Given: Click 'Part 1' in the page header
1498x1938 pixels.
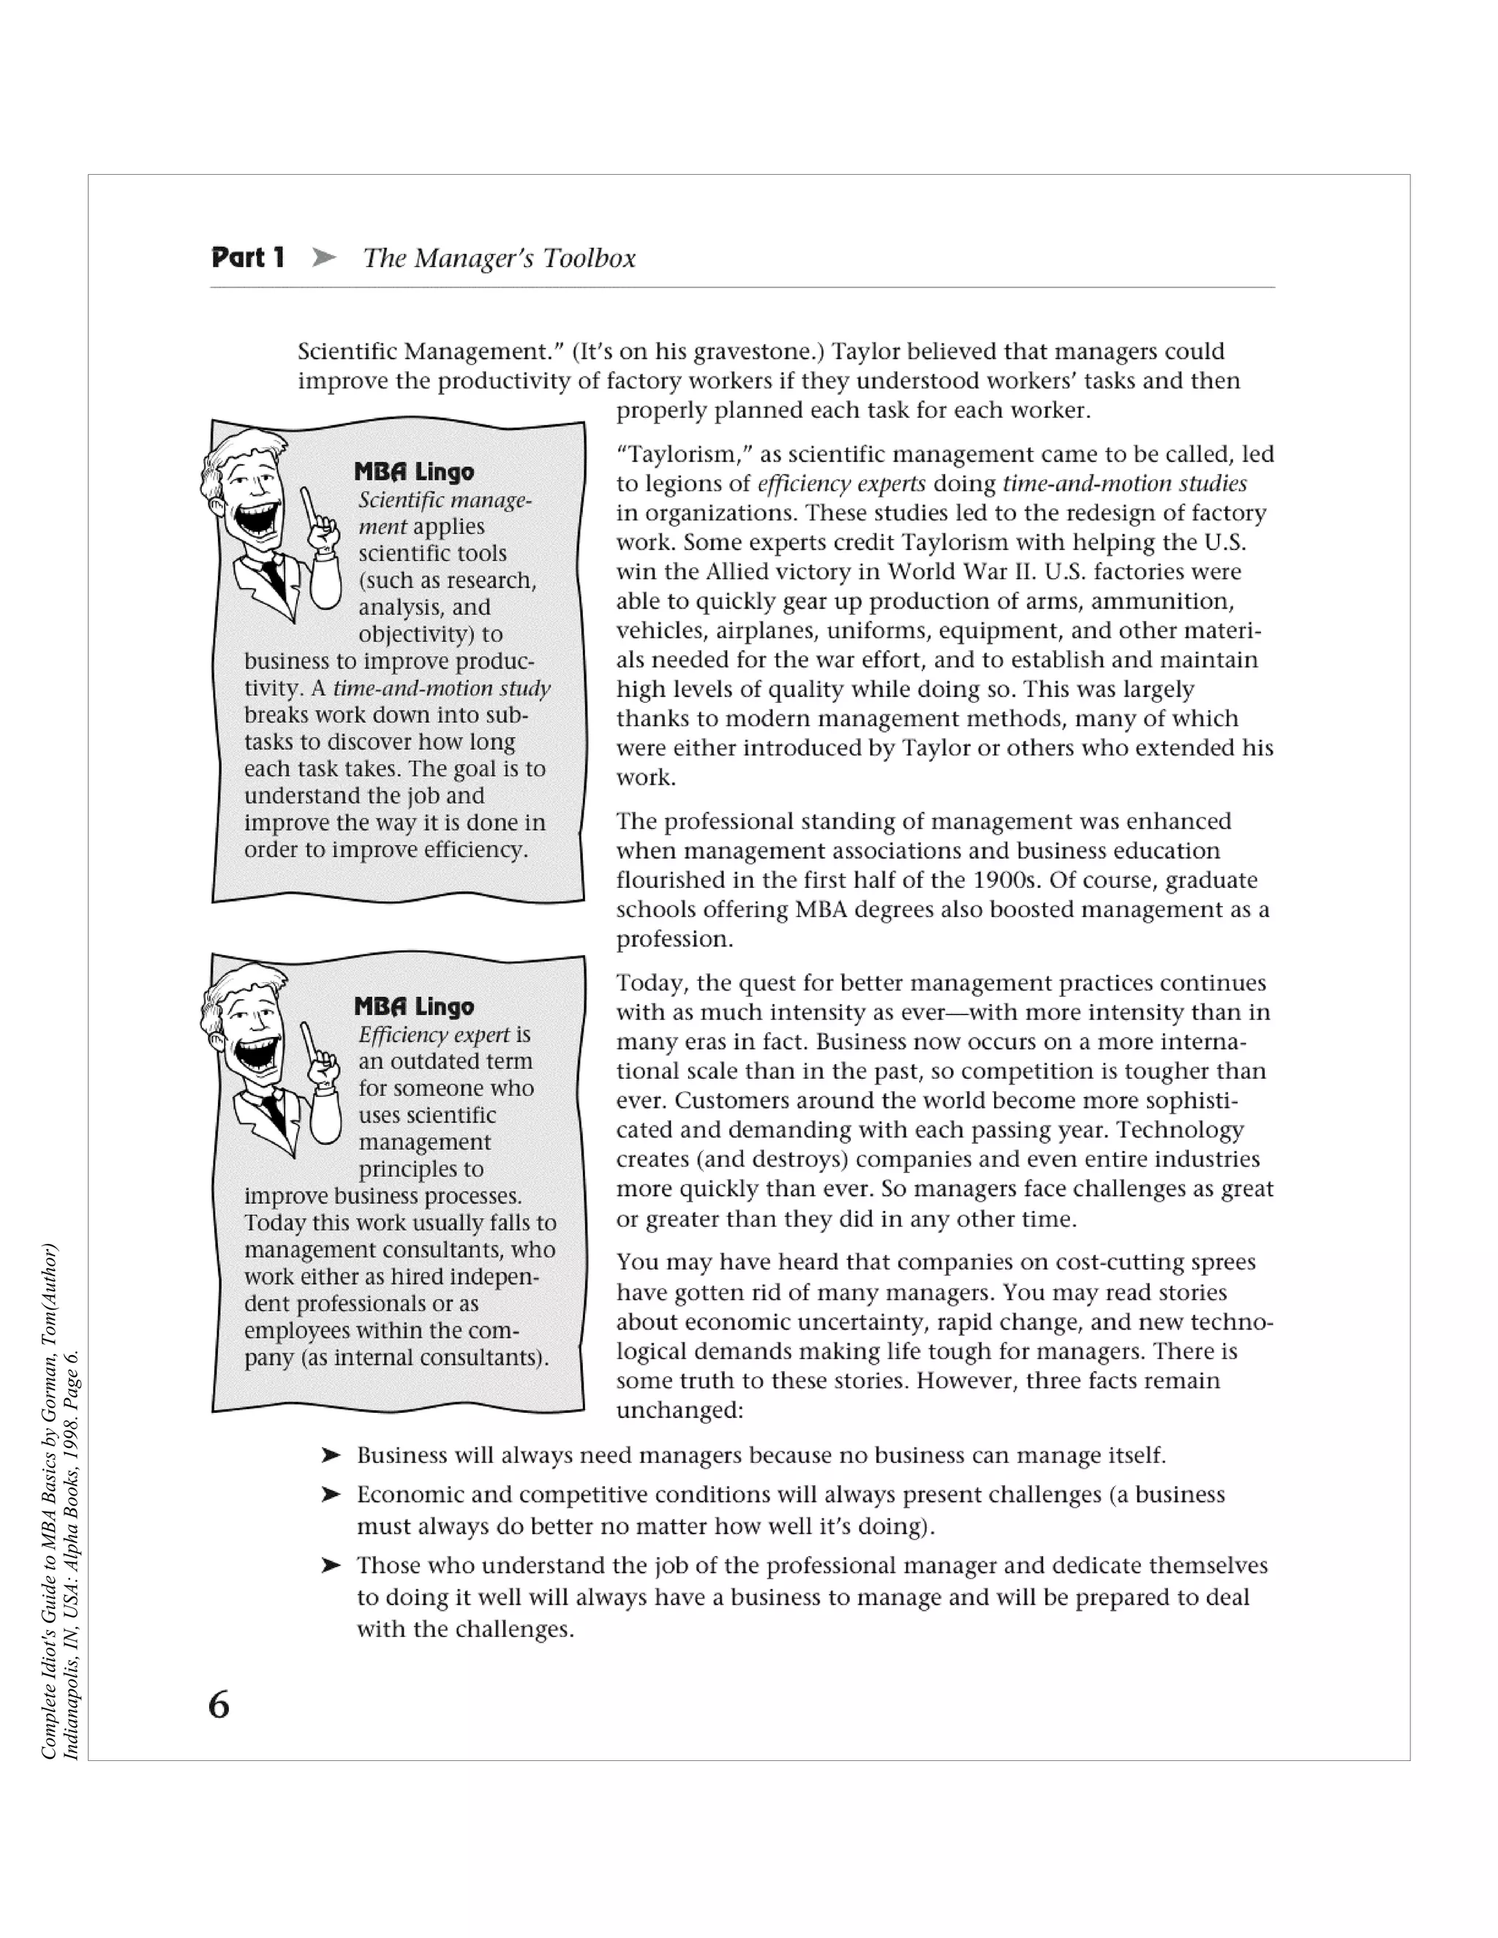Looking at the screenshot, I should (x=248, y=258).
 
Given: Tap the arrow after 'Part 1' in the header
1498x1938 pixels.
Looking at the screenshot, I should (x=324, y=258).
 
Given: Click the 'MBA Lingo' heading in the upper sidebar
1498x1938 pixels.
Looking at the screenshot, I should (x=413, y=472).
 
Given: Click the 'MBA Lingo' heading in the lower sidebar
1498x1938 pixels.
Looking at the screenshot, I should (x=413, y=1006).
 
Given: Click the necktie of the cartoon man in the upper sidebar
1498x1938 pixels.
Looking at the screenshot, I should (x=274, y=578).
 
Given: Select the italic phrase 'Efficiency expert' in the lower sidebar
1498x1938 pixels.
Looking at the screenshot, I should (x=434, y=1035).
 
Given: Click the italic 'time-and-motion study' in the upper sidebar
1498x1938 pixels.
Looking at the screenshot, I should (x=442, y=689).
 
